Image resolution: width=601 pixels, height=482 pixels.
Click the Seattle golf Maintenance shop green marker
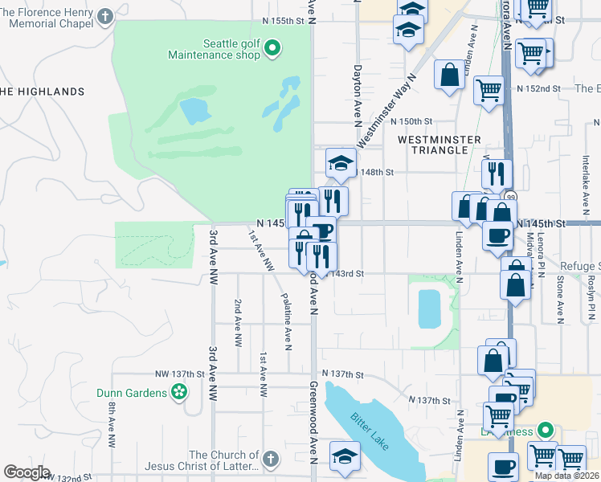tap(272, 49)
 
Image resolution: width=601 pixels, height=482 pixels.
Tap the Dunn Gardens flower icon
tap(179, 392)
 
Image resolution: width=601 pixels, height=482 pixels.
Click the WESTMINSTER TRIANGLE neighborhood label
tap(432, 145)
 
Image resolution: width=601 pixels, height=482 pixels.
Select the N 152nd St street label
tap(538, 88)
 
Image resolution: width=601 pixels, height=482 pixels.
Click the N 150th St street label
tap(411, 121)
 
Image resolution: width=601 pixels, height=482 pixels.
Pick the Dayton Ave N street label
tap(357, 96)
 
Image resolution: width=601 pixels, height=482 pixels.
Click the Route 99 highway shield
tap(509, 197)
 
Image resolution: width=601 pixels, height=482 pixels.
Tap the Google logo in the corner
tap(27, 472)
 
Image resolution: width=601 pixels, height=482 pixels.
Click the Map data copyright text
tap(566, 476)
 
